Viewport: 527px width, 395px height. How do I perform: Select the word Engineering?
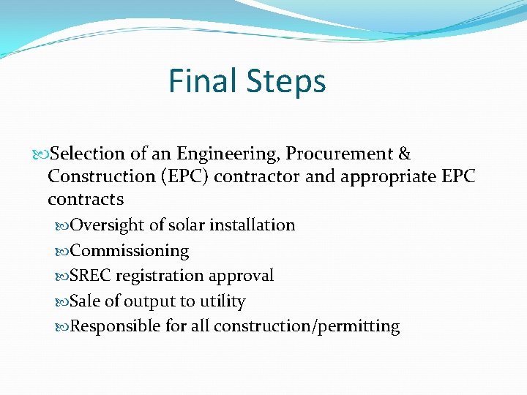(x=217, y=154)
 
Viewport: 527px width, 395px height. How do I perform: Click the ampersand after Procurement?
(x=404, y=154)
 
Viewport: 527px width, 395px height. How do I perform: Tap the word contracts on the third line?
(x=86, y=199)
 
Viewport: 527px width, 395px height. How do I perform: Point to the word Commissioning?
(x=130, y=251)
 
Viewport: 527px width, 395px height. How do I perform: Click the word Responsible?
(x=116, y=326)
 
